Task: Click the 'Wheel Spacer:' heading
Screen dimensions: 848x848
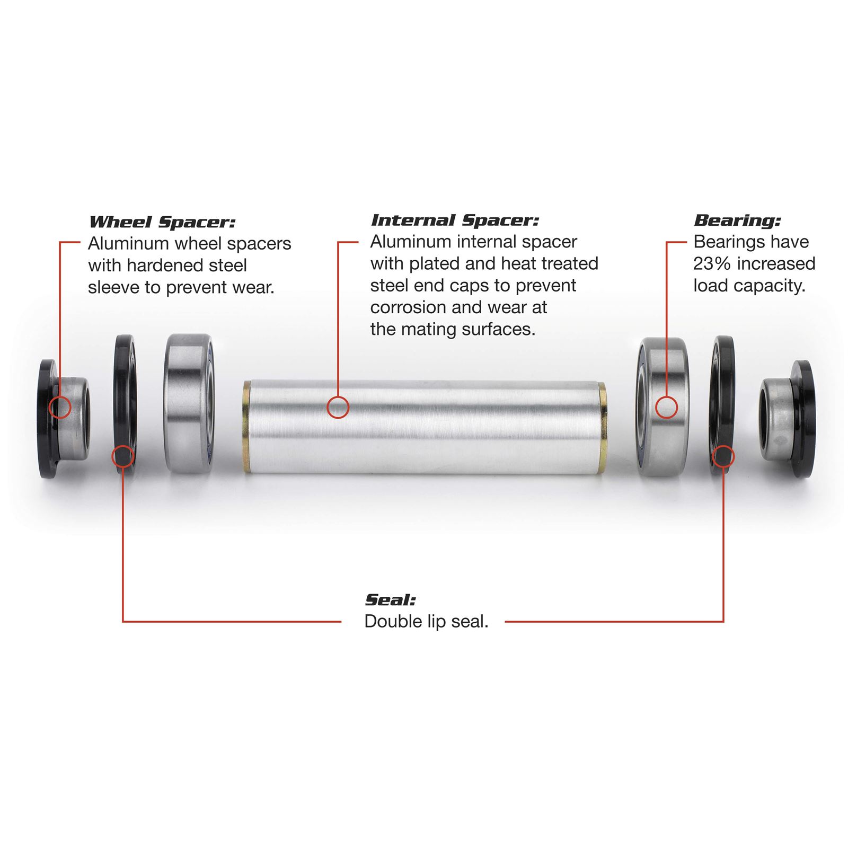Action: pyautogui.click(x=162, y=222)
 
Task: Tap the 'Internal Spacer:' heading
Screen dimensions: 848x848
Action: pyautogui.click(x=454, y=220)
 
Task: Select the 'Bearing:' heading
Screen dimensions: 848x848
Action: pyautogui.click(x=737, y=220)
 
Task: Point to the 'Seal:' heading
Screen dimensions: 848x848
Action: pyautogui.click(x=390, y=600)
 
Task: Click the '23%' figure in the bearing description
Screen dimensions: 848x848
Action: pyautogui.click(x=710, y=263)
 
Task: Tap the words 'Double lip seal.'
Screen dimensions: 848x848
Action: pyautogui.click(x=426, y=621)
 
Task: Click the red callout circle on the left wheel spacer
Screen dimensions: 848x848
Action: pyautogui.click(x=60, y=407)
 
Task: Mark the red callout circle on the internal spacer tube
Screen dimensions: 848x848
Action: pyautogui.click(x=338, y=408)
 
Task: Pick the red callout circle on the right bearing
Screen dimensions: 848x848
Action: pyautogui.click(x=666, y=408)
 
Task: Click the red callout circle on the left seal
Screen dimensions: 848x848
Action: pyautogui.click(x=122, y=456)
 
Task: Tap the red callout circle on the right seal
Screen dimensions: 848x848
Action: pyautogui.click(x=723, y=456)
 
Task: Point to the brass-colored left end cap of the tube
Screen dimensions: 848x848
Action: pyautogui.click(x=246, y=427)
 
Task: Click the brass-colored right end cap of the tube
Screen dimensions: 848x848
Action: pyautogui.click(x=602, y=427)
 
